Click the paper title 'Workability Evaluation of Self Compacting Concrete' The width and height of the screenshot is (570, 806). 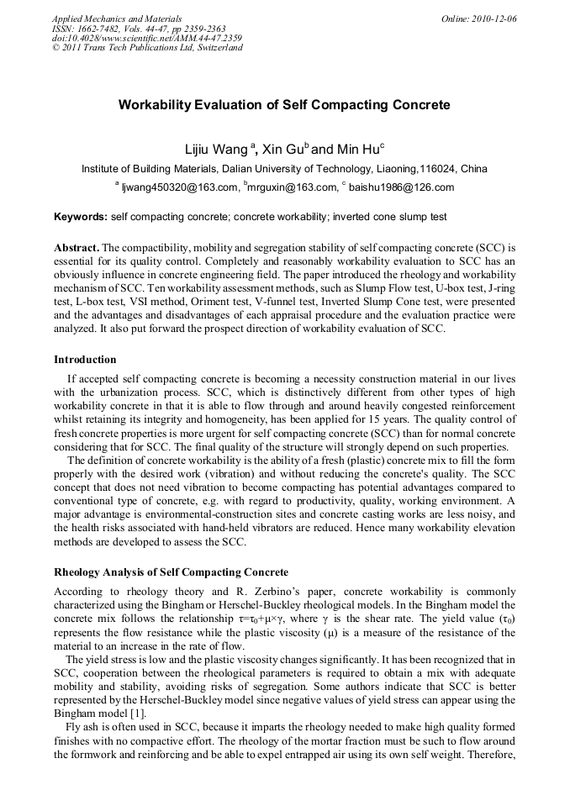(x=284, y=105)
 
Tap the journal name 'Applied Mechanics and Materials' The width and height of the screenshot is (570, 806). (x=116, y=18)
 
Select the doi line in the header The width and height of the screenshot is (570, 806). (x=135, y=38)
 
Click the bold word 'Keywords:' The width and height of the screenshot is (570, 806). (x=81, y=217)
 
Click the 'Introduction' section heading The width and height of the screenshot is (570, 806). (x=85, y=360)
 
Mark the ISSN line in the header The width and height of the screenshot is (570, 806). (x=139, y=28)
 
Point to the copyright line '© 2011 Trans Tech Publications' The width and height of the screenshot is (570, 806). (x=147, y=48)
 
